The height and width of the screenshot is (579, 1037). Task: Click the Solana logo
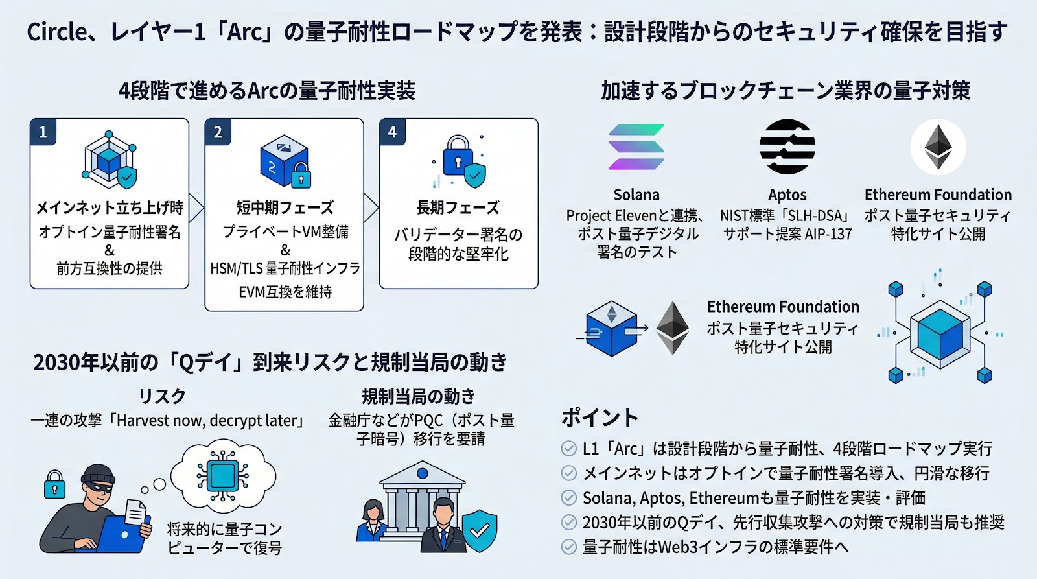(x=636, y=147)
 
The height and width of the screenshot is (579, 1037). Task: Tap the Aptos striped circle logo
(x=787, y=147)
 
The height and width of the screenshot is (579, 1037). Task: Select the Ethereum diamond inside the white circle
(x=938, y=147)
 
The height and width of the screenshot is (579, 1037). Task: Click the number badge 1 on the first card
(x=43, y=132)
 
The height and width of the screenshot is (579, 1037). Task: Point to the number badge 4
(x=392, y=132)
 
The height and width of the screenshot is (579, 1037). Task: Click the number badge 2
(x=218, y=132)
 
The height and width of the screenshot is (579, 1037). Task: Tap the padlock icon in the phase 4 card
(x=458, y=154)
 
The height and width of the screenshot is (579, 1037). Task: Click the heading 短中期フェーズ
(x=285, y=207)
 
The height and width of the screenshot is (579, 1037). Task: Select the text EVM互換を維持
(x=285, y=292)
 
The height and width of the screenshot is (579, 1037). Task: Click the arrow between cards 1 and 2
(x=196, y=207)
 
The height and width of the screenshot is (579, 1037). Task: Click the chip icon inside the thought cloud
(x=222, y=476)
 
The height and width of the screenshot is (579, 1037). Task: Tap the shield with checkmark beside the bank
(x=480, y=530)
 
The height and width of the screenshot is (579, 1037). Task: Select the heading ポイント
(x=600, y=417)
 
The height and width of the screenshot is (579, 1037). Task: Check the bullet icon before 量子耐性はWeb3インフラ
(x=568, y=547)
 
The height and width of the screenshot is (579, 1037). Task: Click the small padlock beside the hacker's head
(x=54, y=485)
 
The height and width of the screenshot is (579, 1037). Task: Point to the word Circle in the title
(x=56, y=32)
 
